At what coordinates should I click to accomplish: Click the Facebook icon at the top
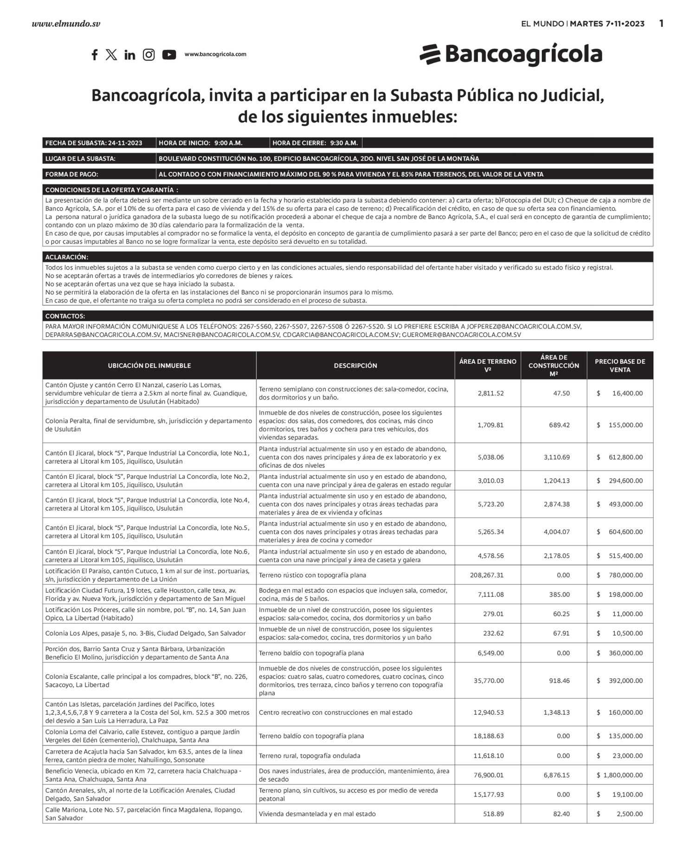coord(95,55)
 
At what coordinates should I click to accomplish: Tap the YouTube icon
coord(169,55)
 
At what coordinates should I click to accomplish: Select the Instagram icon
coord(148,55)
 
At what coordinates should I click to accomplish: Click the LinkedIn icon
coord(130,55)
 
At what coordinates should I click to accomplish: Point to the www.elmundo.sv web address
coord(66,24)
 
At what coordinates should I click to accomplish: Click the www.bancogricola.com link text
coord(215,54)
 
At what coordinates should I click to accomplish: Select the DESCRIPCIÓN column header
coord(355,366)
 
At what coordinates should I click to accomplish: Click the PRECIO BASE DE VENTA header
coord(620,366)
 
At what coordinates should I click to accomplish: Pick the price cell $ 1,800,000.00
coord(620,775)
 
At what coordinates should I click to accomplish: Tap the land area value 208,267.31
coord(487,575)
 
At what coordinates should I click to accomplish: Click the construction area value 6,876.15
coord(557,775)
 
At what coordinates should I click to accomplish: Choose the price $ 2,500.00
coord(620,814)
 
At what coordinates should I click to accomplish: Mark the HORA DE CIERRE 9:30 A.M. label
coord(315,143)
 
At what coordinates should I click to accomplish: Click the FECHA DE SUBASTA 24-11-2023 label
coord(94,143)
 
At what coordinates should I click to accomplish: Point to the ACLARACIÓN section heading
coord(67,257)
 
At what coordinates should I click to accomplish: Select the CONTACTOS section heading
coord(65,316)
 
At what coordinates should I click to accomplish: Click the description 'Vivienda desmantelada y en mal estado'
coord(317,814)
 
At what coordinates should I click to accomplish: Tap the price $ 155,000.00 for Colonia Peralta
coord(620,425)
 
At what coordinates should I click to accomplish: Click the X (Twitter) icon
coord(111,55)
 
